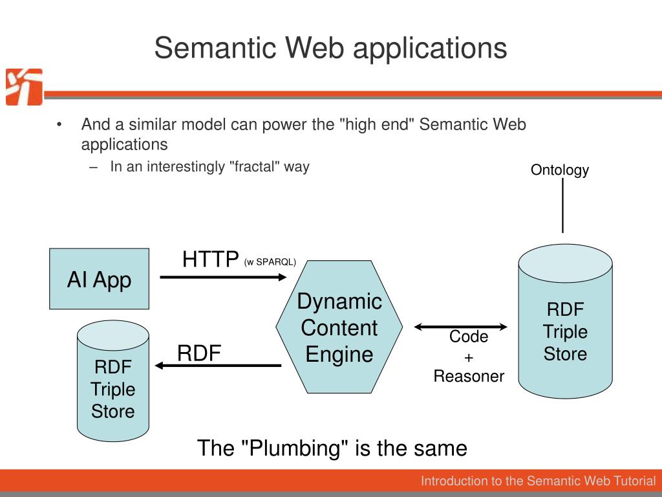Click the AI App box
click(x=100, y=279)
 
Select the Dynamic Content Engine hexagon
click(x=339, y=327)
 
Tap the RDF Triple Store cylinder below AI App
click(x=112, y=382)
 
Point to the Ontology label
click(x=560, y=170)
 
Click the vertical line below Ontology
click(x=562, y=206)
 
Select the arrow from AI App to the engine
click(x=222, y=277)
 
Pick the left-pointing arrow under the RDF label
click(x=219, y=366)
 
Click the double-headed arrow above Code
click(x=461, y=326)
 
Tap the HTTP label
click(x=210, y=260)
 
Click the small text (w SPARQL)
click(x=270, y=262)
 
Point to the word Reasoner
click(x=469, y=376)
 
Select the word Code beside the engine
click(x=469, y=337)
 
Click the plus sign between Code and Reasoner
click(x=469, y=357)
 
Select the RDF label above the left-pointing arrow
click(x=199, y=353)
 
